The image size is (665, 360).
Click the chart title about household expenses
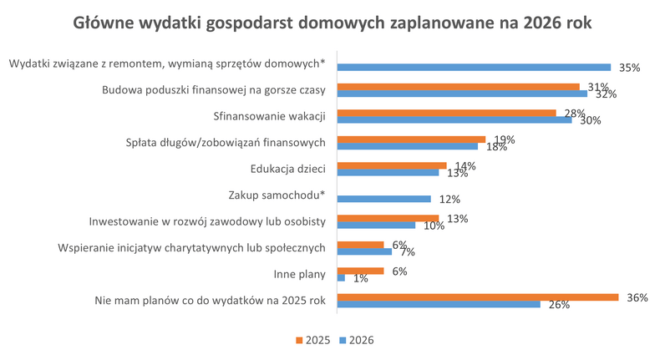pyautogui.click(x=332, y=23)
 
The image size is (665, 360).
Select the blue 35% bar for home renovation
pyautogui.click(x=474, y=67)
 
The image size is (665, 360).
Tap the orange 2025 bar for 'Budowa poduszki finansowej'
pyautogui.click(x=458, y=87)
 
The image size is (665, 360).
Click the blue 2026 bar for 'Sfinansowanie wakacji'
pyautogui.click(x=454, y=119)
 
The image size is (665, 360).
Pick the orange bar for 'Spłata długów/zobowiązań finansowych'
pyautogui.click(x=411, y=139)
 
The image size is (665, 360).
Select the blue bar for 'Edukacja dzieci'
pyautogui.click(x=388, y=173)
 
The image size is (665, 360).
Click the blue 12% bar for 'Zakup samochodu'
pyautogui.click(x=383, y=199)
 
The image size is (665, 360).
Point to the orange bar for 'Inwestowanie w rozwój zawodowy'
pyautogui.click(x=388, y=218)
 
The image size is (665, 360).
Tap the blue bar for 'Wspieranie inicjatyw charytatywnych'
pyautogui.click(x=364, y=251)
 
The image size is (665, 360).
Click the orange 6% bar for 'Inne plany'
pyautogui.click(x=360, y=270)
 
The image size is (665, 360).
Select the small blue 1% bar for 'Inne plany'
pyautogui.click(x=341, y=277)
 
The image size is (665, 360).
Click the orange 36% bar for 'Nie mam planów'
pyautogui.click(x=477, y=297)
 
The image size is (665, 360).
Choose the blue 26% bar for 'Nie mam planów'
pyautogui.click(x=439, y=304)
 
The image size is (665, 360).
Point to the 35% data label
pyautogui.click(x=629, y=68)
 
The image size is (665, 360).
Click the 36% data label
pyautogui.click(x=637, y=297)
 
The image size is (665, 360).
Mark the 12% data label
pyautogui.click(x=449, y=200)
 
